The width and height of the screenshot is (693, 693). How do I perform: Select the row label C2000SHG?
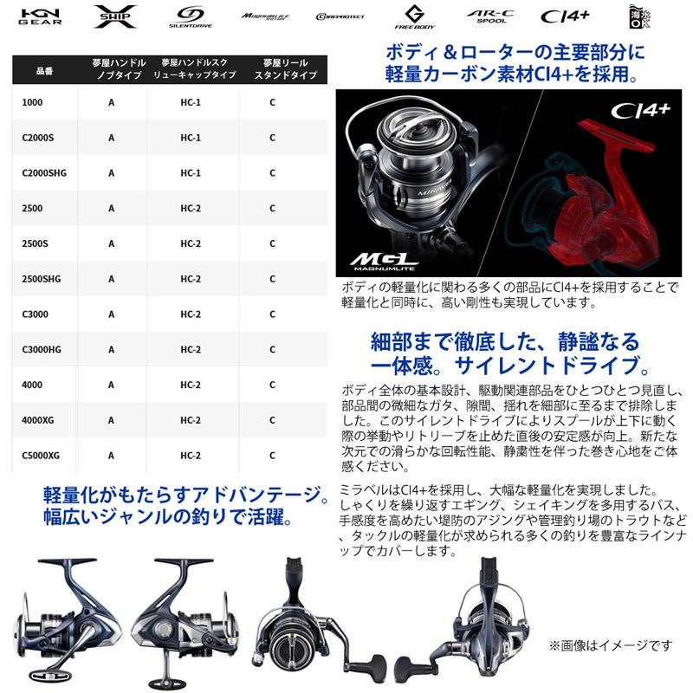[x=46, y=172]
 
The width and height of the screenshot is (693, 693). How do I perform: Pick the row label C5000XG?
[x=42, y=455]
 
